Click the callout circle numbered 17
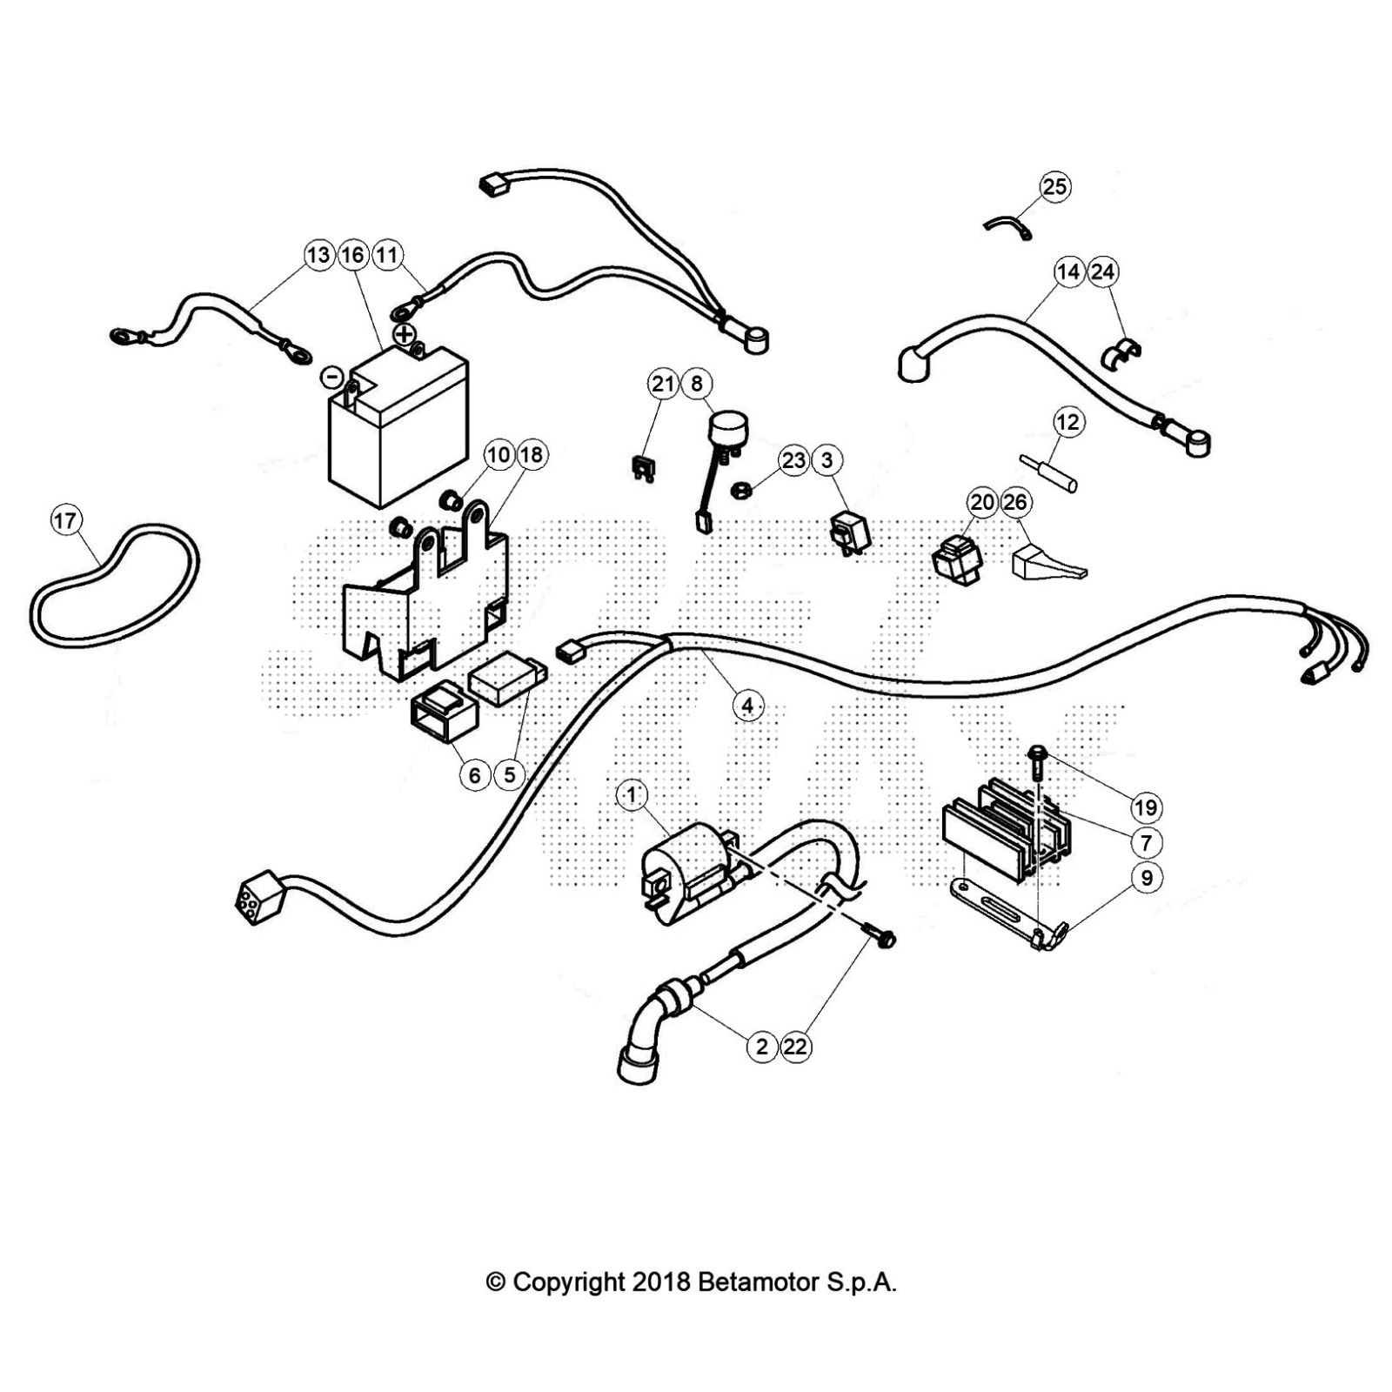tap(65, 521)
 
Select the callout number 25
tap(1054, 186)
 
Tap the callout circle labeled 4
tap(747, 705)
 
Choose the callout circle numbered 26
tap(1015, 502)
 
